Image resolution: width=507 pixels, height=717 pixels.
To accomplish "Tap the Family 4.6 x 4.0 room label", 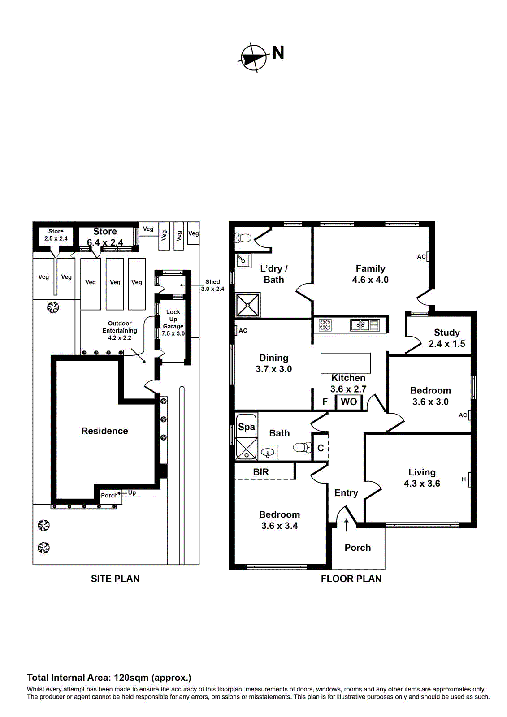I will (370, 274).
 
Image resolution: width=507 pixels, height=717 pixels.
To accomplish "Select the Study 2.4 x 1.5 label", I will (446, 338).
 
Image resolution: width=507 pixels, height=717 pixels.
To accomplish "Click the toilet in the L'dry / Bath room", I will (243, 238).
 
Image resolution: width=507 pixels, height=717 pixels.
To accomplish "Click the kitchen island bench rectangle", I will (346, 363).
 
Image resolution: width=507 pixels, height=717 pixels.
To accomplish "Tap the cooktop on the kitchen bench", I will (325, 325).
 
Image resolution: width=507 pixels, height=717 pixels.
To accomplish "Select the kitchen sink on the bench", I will (360, 325).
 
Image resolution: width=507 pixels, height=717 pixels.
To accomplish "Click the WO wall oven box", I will (349, 402).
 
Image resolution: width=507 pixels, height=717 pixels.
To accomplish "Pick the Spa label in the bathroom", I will (246, 427).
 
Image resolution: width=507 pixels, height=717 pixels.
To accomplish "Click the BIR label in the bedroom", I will (261, 472).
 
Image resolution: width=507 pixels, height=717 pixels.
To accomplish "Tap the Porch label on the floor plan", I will (358, 548).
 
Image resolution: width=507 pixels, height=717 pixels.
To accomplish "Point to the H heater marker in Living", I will (464, 479).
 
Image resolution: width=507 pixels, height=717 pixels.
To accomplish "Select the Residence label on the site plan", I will (104, 431).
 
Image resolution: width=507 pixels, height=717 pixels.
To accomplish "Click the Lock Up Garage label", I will (173, 323).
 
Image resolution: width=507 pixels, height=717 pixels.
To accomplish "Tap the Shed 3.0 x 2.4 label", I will (212, 285).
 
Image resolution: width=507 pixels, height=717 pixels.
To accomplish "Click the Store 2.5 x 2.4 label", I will (56, 235).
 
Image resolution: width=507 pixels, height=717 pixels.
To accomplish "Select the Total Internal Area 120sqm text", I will (109, 678).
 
